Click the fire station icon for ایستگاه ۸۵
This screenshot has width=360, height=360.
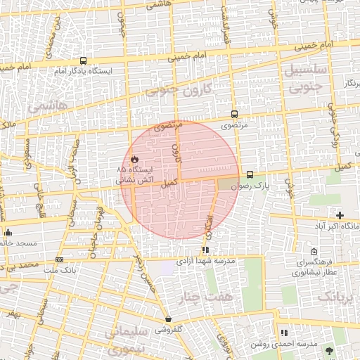pos(134,160)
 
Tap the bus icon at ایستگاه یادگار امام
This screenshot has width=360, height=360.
pos(84,61)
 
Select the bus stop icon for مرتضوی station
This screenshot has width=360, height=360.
pos(234,113)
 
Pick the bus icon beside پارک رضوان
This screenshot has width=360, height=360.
pos(250,174)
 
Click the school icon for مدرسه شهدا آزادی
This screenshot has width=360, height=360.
pos(205,249)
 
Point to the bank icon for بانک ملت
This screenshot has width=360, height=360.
pos(58,259)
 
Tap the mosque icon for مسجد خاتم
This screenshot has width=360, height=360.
pos(8,232)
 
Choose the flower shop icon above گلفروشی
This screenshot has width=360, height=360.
pos(168,319)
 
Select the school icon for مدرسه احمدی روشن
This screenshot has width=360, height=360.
pos(284,333)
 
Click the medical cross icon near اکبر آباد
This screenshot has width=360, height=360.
pos(340,215)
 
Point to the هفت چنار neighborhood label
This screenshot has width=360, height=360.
pos(204,298)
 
